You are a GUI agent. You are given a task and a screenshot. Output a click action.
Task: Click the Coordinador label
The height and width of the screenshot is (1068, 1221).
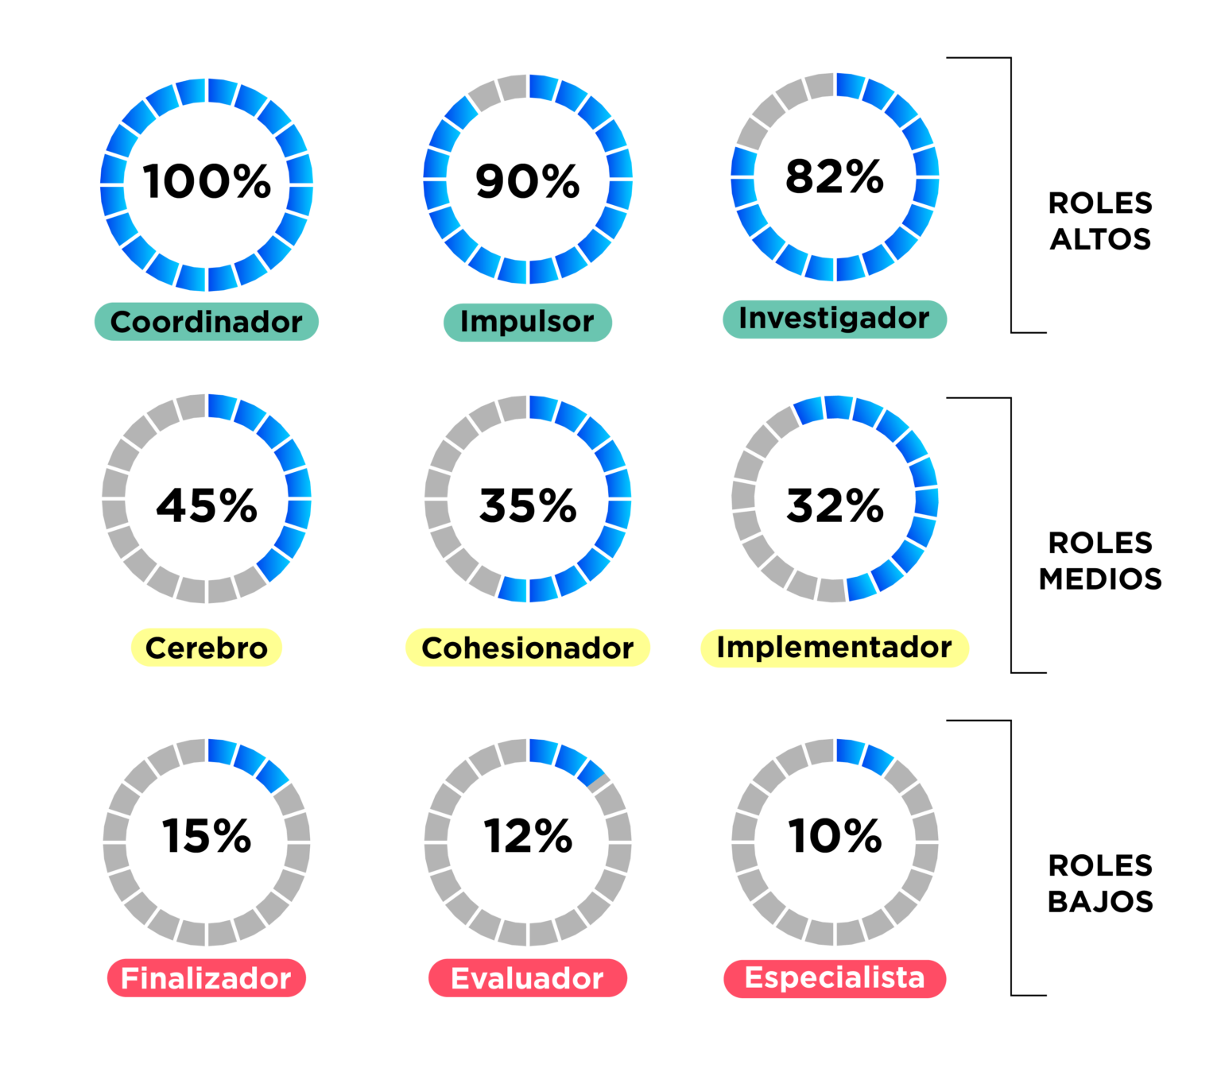click(207, 322)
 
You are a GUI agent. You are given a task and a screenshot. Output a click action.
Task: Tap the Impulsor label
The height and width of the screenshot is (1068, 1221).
click(527, 322)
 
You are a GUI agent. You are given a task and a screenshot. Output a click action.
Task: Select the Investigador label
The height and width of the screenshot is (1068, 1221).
click(835, 319)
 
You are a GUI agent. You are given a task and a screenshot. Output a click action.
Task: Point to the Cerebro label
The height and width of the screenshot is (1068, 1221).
click(207, 648)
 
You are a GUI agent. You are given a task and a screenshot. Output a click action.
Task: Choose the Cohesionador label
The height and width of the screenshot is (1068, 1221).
click(528, 648)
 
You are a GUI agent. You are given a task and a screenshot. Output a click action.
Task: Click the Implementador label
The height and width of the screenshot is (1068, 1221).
click(835, 648)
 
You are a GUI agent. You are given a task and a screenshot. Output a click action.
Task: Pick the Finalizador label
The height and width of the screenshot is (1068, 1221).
click(207, 977)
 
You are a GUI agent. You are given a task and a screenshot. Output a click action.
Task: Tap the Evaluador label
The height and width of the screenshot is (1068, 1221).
click(528, 977)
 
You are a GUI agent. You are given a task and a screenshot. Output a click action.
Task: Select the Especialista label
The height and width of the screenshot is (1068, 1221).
click(835, 977)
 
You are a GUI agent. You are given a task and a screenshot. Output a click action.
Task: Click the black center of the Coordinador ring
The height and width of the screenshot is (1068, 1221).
click(207, 185)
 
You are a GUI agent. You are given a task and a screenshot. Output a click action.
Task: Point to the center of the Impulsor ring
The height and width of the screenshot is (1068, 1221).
click(528, 180)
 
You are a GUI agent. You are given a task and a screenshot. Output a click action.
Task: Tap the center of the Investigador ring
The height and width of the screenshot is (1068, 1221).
click(835, 177)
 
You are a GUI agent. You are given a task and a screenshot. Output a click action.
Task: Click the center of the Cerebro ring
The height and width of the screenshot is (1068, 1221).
click(207, 499)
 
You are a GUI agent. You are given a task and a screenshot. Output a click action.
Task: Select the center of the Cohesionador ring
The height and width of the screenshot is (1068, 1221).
click(528, 499)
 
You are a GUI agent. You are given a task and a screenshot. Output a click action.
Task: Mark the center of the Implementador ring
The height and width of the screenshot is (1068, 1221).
click(835, 499)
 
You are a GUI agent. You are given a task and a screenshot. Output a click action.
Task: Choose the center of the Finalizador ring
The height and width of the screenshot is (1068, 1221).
click(207, 842)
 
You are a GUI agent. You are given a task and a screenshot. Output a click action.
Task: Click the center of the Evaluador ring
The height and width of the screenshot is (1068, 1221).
click(528, 842)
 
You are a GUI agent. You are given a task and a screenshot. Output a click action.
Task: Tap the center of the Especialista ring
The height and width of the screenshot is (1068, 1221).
click(835, 842)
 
